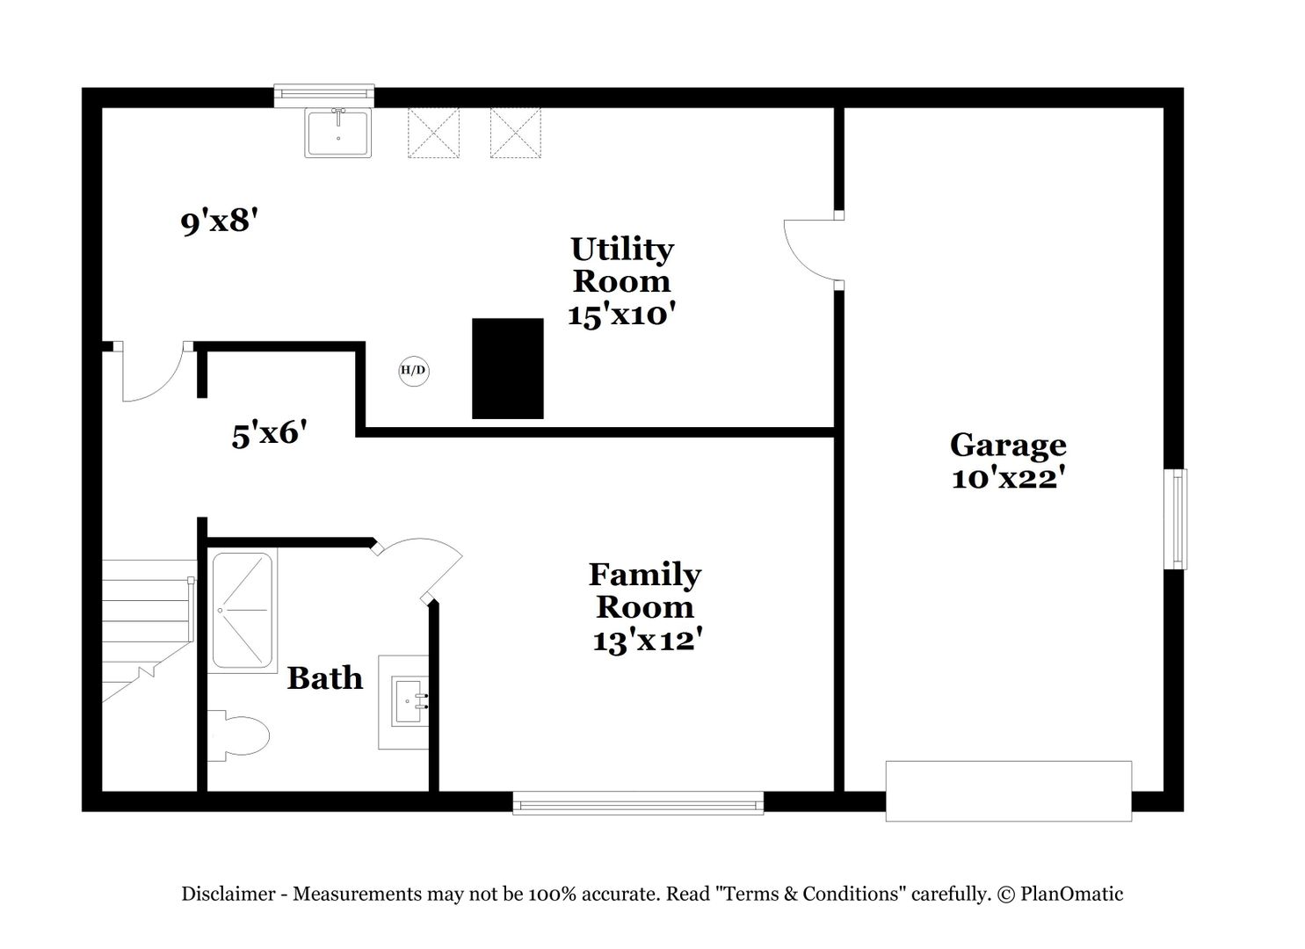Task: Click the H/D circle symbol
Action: pyautogui.click(x=414, y=370)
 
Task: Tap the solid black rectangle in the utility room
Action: pyautogui.click(x=507, y=368)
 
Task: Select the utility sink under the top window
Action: pyautogui.click(x=338, y=133)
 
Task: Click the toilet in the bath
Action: pyautogui.click(x=238, y=735)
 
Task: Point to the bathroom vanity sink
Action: pyautogui.click(x=410, y=701)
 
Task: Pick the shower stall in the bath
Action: pyautogui.click(x=243, y=611)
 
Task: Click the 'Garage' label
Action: pyautogui.click(x=1008, y=446)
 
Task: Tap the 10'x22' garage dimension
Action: pyautogui.click(x=1008, y=479)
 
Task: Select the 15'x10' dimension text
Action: pyautogui.click(x=621, y=315)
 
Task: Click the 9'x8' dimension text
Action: pyautogui.click(x=219, y=222)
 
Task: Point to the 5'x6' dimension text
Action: pyautogui.click(x=269, y=434)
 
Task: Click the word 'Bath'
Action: pyautogui.click(x=324, y=678)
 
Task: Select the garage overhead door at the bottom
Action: pyautogui.click(x=1009, y=791)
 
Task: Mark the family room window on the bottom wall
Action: pyautogui.click(x=638, y=803)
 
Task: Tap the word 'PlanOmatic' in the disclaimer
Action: pyautogui.click(x=1071, y=893)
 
